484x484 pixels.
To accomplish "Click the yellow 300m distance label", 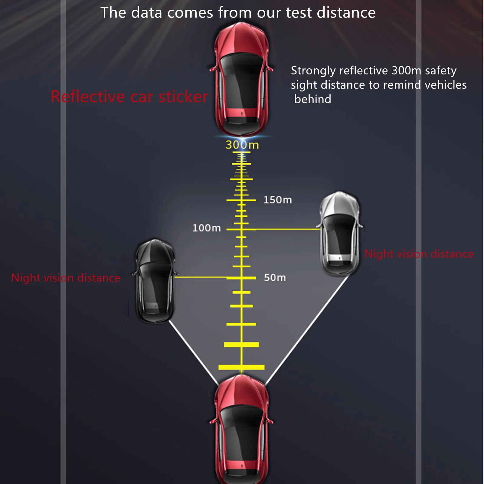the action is click(x=242, y=145).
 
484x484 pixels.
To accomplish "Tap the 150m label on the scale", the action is click(x=277, y=200).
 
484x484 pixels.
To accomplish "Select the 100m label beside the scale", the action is click(x=207, y=228).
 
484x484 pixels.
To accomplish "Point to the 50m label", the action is click(x=275, y=278).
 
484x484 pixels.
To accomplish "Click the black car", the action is click(x=155, y=281).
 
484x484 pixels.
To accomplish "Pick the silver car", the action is click(x=340, y=233).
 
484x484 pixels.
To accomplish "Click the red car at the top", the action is click(x=241, y=80).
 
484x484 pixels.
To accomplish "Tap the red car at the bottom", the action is click(x=241, y=430).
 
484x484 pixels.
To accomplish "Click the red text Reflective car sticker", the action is click(x=129, y=97).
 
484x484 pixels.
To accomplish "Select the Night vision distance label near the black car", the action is click(x=66, y=278).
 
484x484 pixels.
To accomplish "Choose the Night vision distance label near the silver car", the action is click(x=419, y=254).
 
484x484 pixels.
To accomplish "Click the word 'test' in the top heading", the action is click(x=299, y=13).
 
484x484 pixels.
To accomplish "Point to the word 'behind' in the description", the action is click(x=312, y=99).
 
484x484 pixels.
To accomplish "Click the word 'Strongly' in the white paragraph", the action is click(x=313, y=71).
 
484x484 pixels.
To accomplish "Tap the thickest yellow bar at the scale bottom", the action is click(x=241, y=367).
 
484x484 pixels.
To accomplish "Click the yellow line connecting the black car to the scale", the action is click(x=200, y=277).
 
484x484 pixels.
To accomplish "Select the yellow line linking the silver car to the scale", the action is click(x=287, y=229).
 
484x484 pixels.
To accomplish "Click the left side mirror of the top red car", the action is click(x=213, y=69).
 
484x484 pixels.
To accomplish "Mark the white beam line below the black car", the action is click(x=194, y=353).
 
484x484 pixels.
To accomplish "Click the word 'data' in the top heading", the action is click(x=147, y=13).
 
